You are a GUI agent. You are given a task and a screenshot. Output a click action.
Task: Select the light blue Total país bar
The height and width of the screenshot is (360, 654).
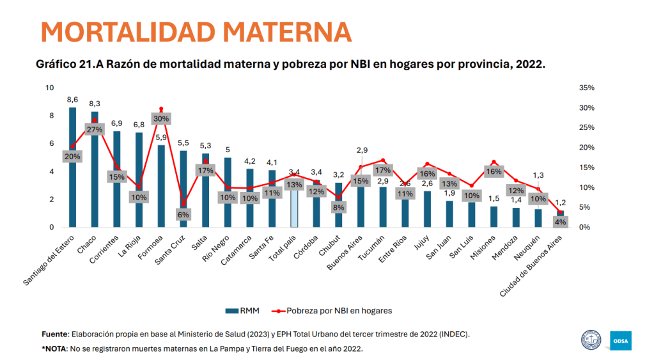coord(294,208)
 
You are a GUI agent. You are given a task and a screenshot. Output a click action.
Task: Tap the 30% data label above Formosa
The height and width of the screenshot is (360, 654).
coord(161,118)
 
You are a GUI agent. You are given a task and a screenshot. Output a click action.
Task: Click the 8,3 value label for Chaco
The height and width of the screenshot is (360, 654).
coord(95,104)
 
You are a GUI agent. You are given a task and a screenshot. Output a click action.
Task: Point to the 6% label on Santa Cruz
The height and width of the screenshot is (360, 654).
coord(183,215)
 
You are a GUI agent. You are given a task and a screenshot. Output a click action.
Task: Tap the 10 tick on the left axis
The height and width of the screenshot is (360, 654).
coord(51,88)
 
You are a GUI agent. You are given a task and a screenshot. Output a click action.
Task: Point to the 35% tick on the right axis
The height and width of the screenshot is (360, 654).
coord(586,88)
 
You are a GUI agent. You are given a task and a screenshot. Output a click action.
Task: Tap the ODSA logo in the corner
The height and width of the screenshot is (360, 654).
coord(620,340)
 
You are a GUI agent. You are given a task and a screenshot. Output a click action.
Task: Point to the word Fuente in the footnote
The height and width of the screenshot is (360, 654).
coord(54,334)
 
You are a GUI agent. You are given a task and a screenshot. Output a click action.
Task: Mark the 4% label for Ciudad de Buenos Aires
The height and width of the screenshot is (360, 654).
coord(561,222)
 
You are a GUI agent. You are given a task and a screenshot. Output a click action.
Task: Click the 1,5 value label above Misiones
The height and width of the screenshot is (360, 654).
coord(494,199)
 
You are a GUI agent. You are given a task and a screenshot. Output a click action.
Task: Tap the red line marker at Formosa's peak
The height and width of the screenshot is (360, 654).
coord(161,109)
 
